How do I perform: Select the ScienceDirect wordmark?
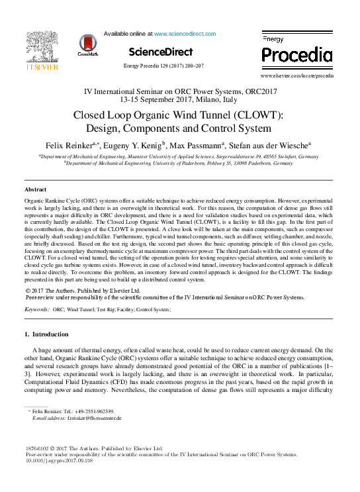(x=160, y=52)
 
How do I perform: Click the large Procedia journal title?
(x=297, y=54)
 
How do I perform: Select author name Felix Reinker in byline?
(x=68, y=144)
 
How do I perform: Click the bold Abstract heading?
(x=35, y=189)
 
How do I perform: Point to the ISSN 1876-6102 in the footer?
(x=38, y=448)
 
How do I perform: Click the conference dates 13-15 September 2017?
(x=163, y=99)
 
